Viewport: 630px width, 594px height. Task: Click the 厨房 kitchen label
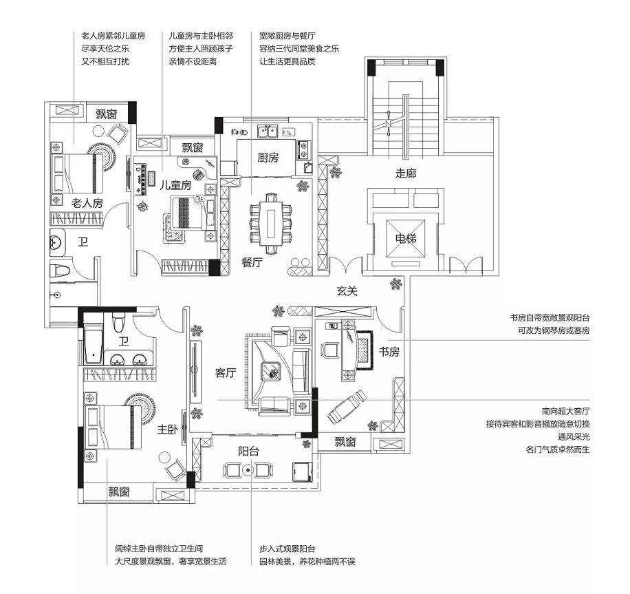268,158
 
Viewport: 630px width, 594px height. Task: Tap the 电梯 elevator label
406,238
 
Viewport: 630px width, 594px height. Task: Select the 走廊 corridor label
406,173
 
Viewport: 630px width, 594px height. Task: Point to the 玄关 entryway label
347,290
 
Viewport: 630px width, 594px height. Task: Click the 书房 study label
389,352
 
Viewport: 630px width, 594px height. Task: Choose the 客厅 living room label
226,373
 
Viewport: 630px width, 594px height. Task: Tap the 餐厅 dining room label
252,262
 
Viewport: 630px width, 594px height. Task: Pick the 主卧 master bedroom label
168,429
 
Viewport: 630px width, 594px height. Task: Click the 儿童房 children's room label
175,185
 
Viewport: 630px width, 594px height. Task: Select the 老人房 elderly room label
87,202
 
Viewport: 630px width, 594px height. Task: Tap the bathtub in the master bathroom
94,345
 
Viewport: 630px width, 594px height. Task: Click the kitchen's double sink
268,131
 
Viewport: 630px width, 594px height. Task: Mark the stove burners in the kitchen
303,149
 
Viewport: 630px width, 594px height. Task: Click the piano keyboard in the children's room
140,179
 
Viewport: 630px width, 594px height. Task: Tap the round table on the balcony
248,469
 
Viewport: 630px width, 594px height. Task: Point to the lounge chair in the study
347,406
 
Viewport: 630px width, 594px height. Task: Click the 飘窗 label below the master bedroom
119,492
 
